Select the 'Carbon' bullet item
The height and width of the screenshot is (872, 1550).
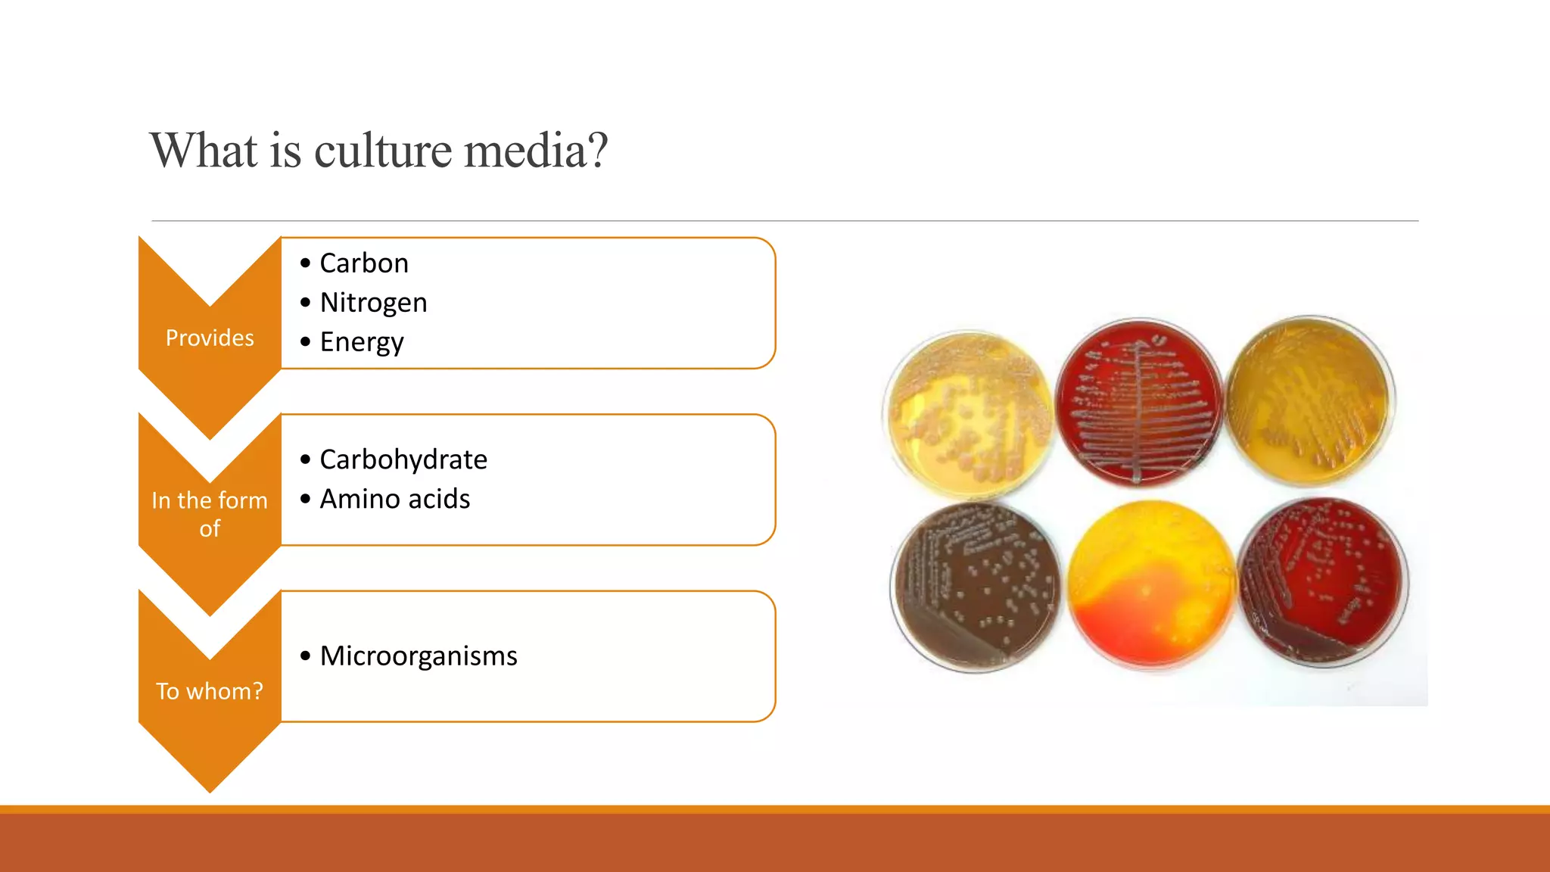(x=364, y=263)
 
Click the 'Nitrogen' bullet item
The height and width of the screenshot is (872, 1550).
(x=373, y=303)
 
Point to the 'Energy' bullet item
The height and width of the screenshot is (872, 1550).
(x=362, y=342)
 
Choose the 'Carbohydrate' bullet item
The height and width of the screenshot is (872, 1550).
(x=403, y=459)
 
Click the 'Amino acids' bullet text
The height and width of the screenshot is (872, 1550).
(x=394, y=499)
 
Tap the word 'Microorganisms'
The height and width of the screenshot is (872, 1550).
(x=419, y=656)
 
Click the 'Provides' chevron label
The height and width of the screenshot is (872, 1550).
(x=210, y=338)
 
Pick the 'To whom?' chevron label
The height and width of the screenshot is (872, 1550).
(x=210, y=691)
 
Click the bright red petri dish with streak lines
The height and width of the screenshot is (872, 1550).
(x=1138, y=403)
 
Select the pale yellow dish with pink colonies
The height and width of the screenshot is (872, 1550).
(x=970, y=413)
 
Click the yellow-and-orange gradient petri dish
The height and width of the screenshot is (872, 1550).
(x=1150, y=584)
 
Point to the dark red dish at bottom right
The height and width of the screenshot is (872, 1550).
(x=1323, y=581)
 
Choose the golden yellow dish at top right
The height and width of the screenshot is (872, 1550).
(x=1310, y=401)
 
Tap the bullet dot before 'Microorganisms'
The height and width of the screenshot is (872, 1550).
(x=305, y=656)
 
